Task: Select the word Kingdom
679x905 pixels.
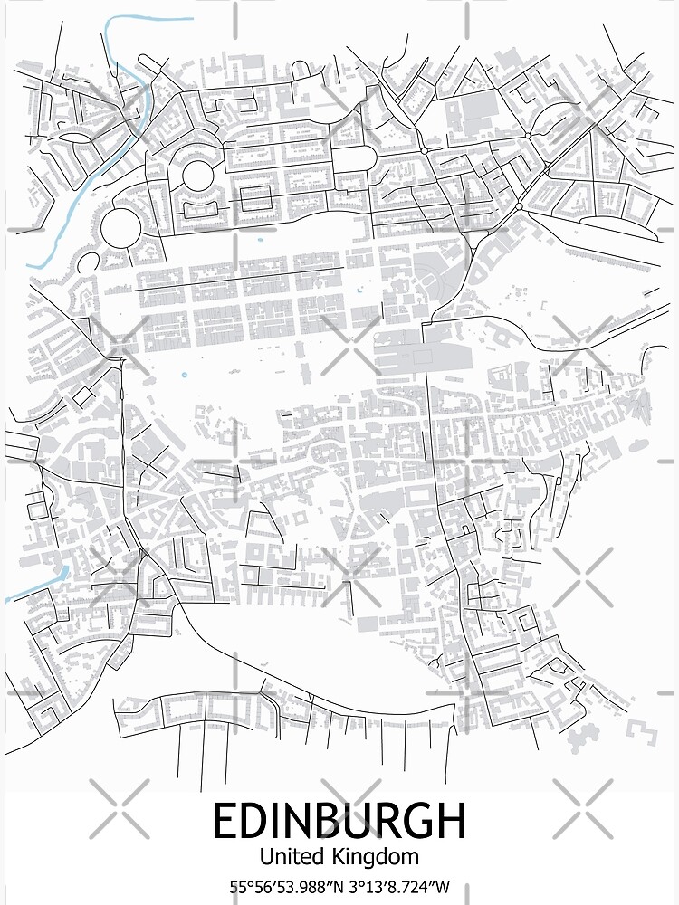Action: [374, 856]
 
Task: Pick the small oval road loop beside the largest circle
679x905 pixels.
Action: [90, 264]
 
